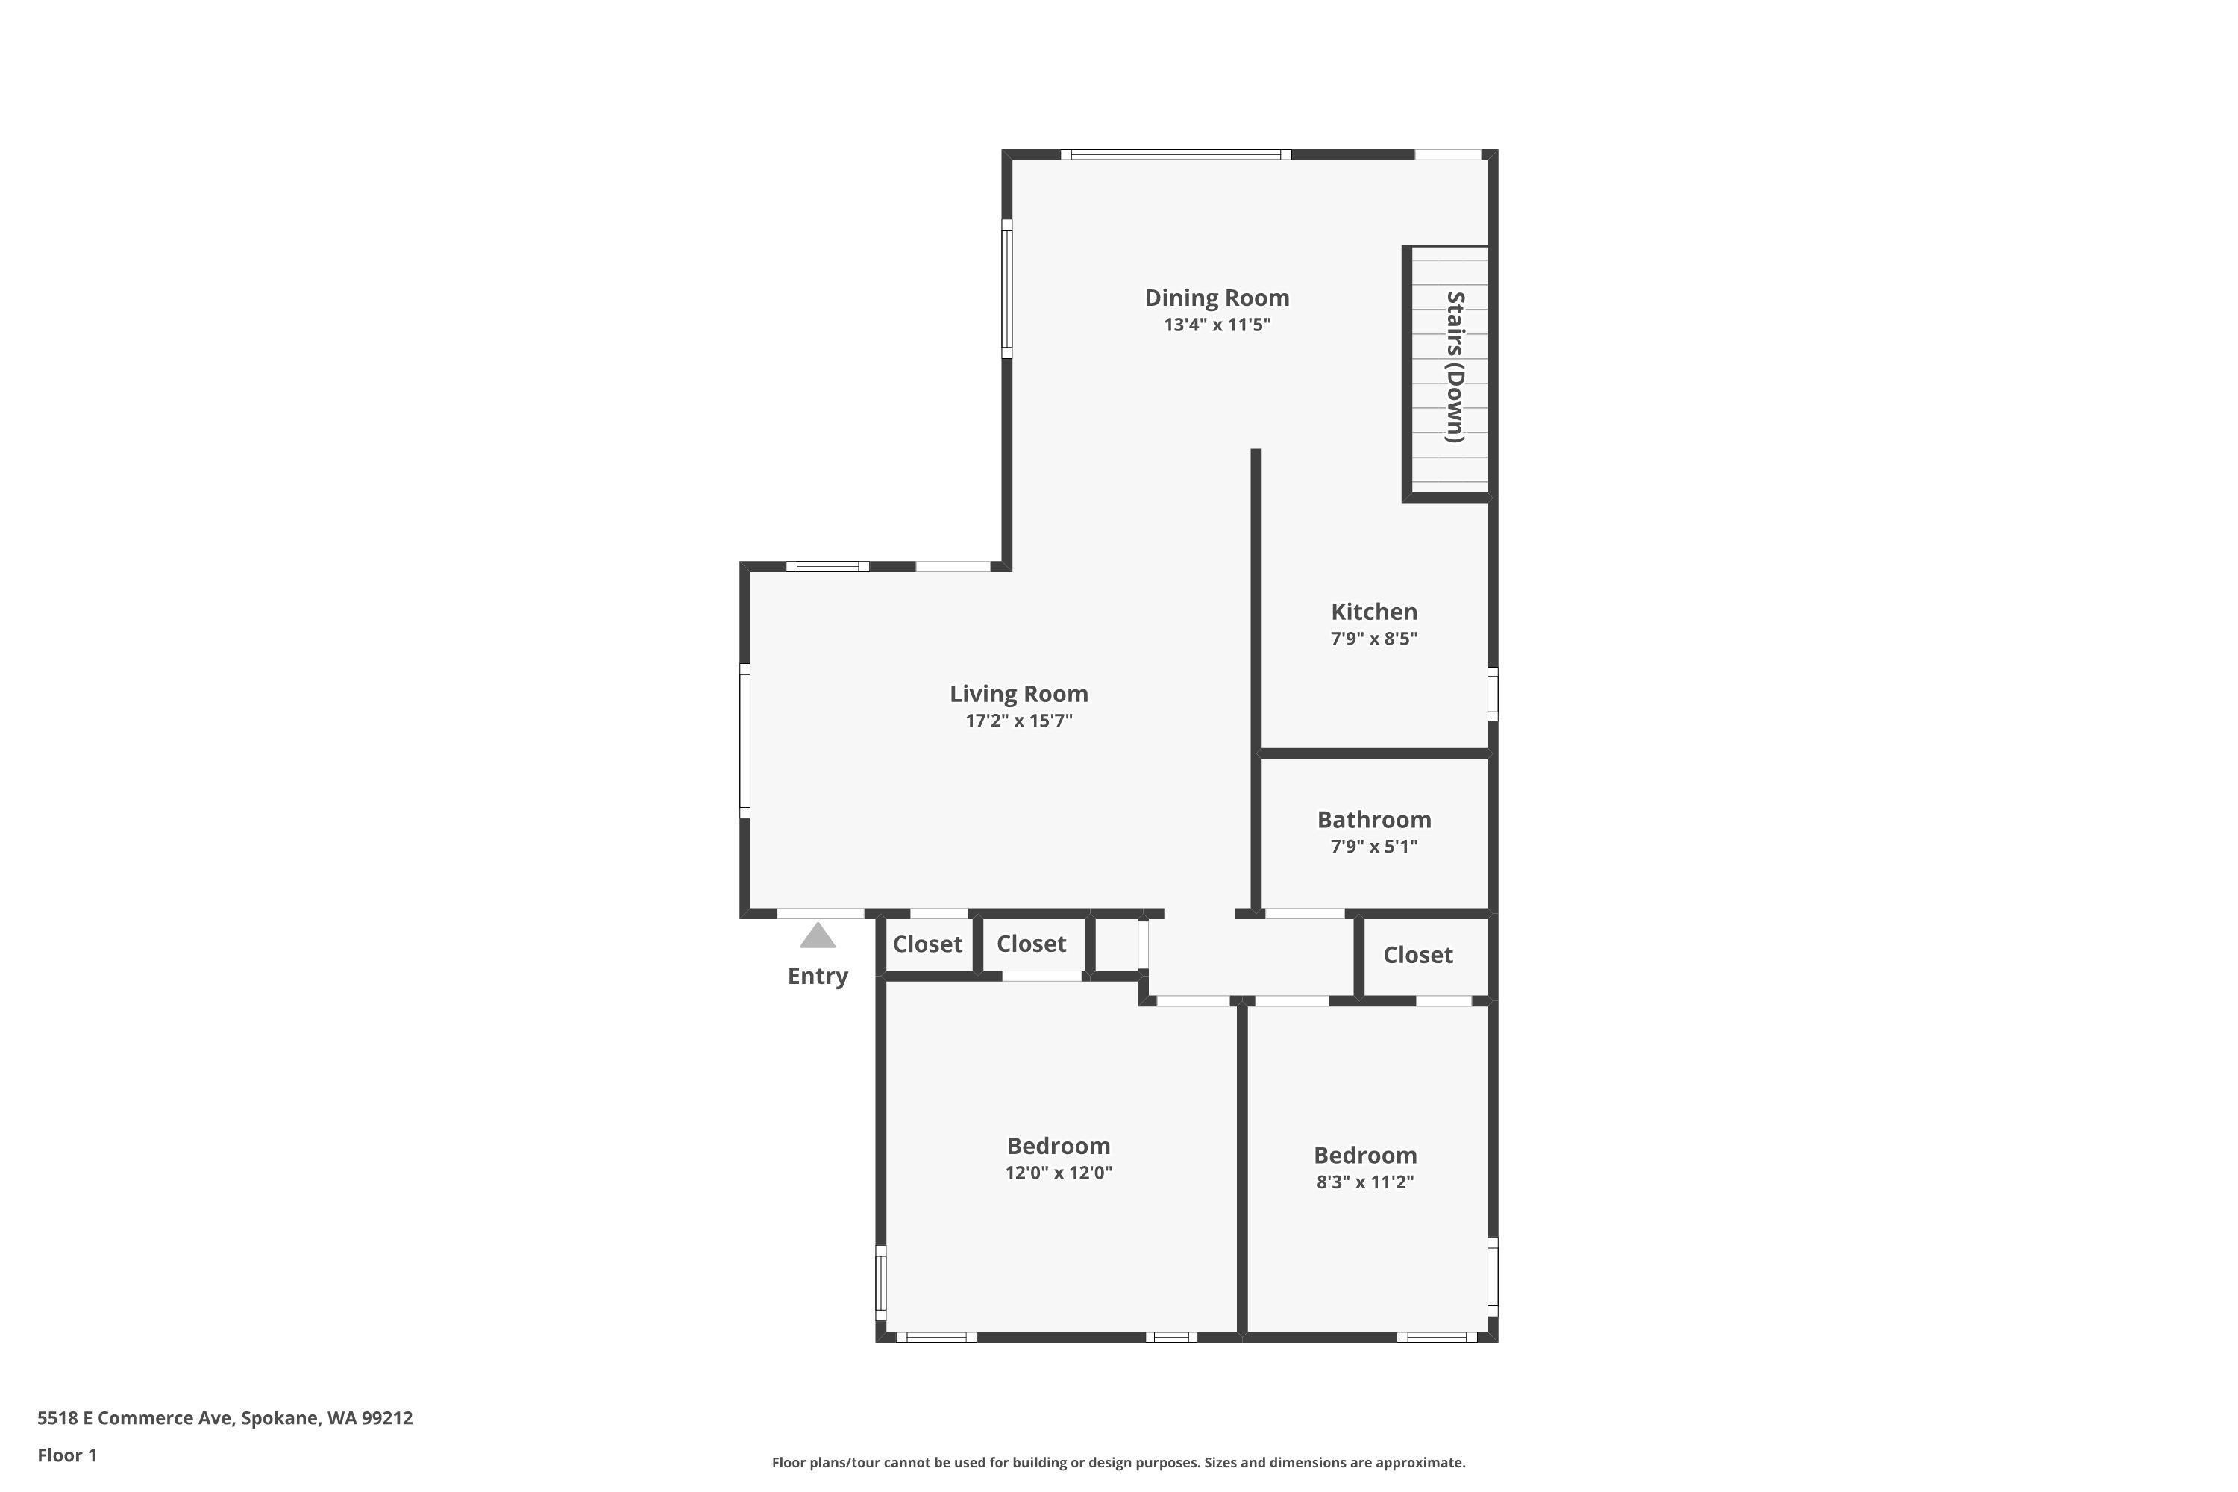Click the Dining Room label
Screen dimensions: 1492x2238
1216,298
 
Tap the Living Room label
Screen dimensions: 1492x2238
1018,694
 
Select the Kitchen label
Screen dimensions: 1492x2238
1373,612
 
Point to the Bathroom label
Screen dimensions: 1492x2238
1373,819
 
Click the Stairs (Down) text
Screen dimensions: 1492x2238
1455,367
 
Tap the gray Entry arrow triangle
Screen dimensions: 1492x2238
818,936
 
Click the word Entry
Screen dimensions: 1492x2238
818,977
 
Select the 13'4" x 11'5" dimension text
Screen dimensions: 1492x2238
1216,325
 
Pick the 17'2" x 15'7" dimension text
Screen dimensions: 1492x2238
1018,721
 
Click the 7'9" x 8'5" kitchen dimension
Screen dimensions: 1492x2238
1373,639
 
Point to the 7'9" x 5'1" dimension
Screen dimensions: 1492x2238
1373,846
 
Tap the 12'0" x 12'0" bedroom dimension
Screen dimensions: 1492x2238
1058,1172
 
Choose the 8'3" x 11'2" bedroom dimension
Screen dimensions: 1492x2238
1364,1182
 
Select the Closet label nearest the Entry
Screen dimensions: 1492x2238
927,944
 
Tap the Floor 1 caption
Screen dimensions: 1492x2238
66,1455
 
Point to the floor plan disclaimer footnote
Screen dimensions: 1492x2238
1118,1462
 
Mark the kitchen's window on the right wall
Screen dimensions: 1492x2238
1492,694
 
